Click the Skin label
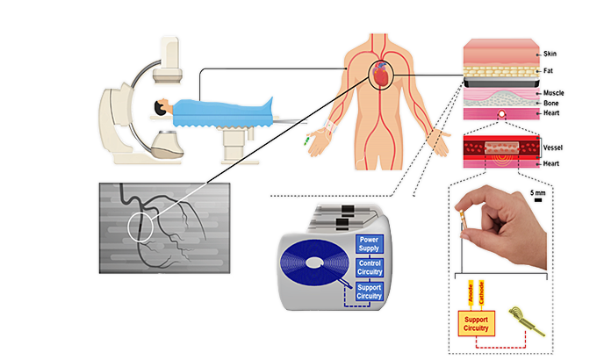pyautogui.click(x=550, y=54)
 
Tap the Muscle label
pyautogui.click(x=553, y=92)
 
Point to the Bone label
pyautogui.click(x=550, y=103)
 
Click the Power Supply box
pyautogui.click(x=370, y=242)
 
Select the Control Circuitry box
pyautogui.click(x=370, y=267)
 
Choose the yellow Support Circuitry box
pyautogui.click(x=476, y=322)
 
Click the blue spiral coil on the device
pyautogui.click(x=317, y=265)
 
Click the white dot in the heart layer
pyautogui.click(x=501, y=113)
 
